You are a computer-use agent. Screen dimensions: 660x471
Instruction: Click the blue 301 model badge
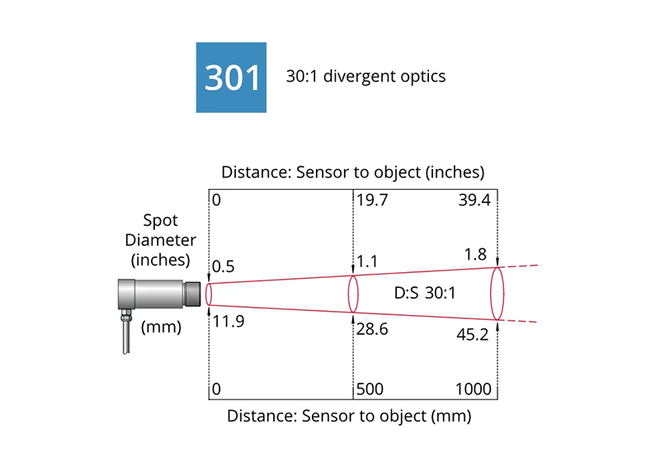click(x=231, y=78)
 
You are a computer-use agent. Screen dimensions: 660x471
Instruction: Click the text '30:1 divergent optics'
click(x=365, y=77)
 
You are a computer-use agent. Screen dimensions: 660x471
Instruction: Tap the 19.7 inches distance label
click(x=372, y=200)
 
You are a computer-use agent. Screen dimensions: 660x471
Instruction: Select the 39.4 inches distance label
click(x=474, y=200)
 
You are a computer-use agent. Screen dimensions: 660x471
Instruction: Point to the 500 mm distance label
click(x=370, y=389)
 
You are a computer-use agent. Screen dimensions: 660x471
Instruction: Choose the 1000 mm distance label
click(x=473, y=389)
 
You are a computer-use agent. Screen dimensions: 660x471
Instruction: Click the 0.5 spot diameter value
click(x=223, y=266)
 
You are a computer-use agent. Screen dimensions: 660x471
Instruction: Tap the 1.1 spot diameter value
click(x=367, y=261)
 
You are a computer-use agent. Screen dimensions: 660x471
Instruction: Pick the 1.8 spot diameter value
click(x=475, y=254)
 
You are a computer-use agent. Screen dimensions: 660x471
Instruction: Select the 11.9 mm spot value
click(x=229, y=322)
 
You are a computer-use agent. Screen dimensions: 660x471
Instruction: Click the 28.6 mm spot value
click(x=372, y=329)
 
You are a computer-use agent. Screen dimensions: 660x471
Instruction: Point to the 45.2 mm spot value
click(x=472, y=335)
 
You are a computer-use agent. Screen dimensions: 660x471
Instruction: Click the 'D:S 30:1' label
click(x=425, y=293)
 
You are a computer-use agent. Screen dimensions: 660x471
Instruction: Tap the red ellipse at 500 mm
click(x=348, y=294)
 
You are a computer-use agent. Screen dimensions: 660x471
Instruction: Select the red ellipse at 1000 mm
click(x=491, y=294)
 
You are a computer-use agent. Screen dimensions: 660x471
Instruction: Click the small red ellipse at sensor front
click(x=205, y=294)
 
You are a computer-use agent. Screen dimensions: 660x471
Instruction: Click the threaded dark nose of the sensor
click(x=192, y=294)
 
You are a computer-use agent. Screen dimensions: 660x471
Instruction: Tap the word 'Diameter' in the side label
click(x=160, y=240)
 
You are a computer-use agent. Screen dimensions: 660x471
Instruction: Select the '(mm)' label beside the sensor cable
click(x=161, y=327)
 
